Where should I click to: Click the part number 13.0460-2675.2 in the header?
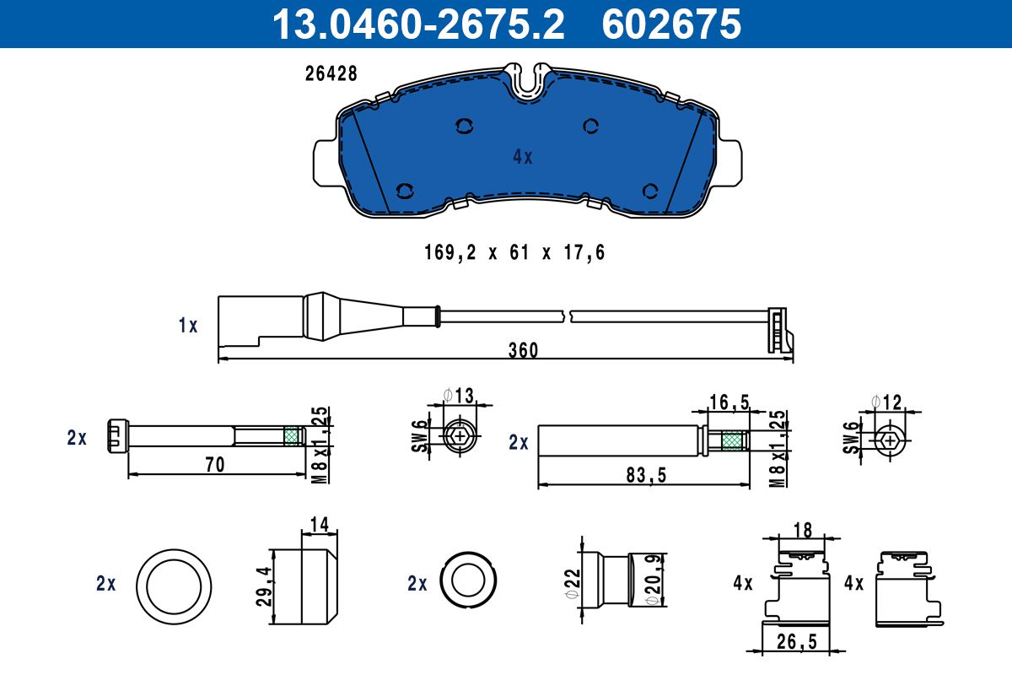click(x=418, y=24)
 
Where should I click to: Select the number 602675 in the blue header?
click(x=671, y=24)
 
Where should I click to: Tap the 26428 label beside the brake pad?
click(x=331, y=73)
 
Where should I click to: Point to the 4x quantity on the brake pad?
click(x=523, y=157)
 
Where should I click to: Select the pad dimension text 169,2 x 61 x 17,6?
click(x=514, y=252)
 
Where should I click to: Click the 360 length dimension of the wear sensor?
click(x=523, y=350)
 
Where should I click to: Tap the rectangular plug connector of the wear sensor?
click(x=261, y=321)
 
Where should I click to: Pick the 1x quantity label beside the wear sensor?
click(x=188, y=326)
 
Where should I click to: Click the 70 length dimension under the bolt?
click(x=215, y=464)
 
